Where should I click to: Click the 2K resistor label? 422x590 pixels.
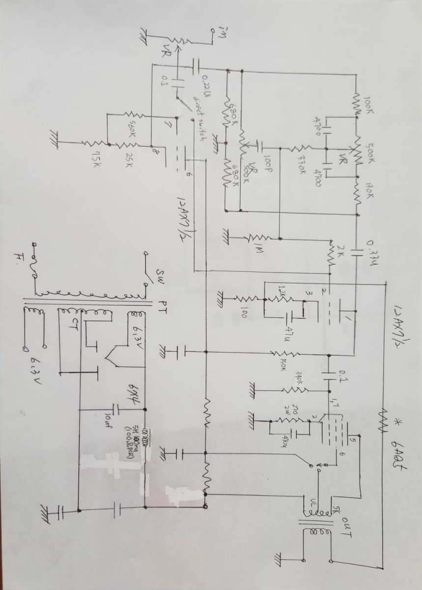click(x=341, y=250)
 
